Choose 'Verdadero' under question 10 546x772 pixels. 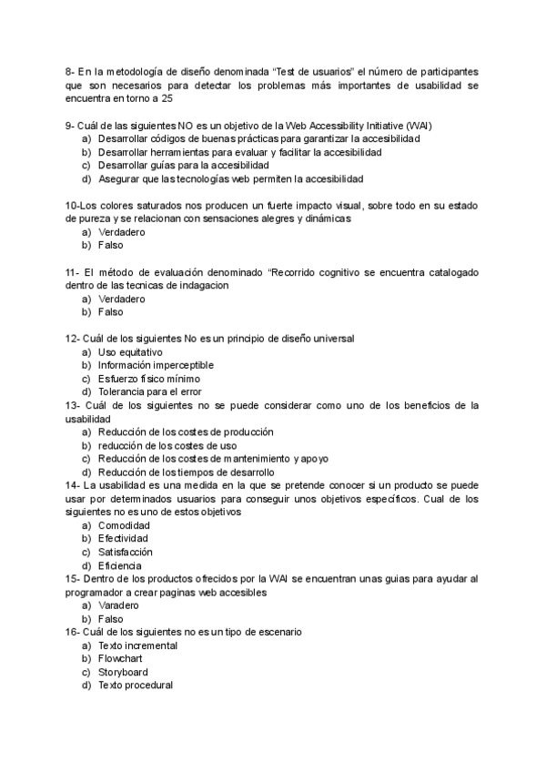(x=122, y=232)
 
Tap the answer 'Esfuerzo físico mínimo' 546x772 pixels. (x=148, y=379)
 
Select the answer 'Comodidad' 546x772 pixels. (x=125, y=525)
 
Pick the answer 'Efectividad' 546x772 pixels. (x=125, y=539)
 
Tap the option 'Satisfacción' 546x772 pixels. (x=126, y=553)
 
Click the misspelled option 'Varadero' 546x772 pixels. (x=118, y=605)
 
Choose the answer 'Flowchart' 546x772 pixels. (x=120, y=658)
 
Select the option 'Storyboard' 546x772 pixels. (x=123, y=672)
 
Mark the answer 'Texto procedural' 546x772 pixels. (x=135, y=686)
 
